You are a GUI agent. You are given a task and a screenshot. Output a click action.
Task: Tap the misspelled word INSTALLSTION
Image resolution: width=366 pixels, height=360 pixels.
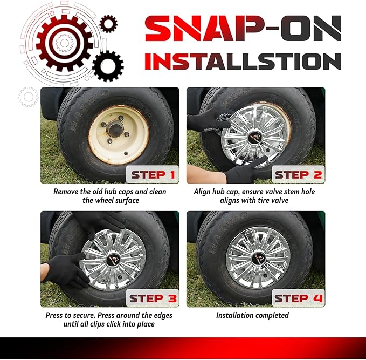(243, 61)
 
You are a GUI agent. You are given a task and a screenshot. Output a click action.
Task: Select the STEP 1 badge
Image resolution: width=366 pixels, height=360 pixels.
(153, 174)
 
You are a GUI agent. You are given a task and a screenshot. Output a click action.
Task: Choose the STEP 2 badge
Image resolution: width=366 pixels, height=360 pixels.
(298, 174)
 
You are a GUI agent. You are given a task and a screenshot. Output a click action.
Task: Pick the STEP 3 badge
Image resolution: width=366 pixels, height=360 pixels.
(153, 298)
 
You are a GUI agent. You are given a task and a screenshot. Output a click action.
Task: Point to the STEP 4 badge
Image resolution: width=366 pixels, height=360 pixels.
(298, 298)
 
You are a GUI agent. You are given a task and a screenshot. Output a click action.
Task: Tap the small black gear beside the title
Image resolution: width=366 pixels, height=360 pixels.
(108, 24)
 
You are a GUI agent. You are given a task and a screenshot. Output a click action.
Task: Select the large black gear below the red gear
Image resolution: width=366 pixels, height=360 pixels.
(108, 66)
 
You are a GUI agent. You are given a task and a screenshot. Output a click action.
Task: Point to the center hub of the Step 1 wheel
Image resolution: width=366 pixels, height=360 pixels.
(115, 129)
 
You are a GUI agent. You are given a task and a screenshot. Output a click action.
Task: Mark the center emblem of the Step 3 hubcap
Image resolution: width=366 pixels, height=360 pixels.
(114, 259)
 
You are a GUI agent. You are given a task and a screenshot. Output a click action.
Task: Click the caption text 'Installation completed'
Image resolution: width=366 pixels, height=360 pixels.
(252, 315)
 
